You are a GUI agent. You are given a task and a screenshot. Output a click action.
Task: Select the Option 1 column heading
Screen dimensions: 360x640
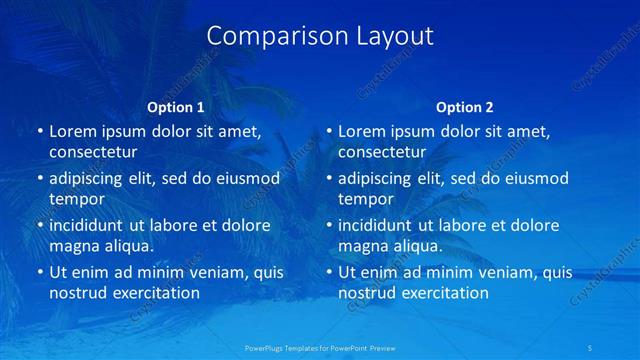pyautogui.click(x=175, y=107)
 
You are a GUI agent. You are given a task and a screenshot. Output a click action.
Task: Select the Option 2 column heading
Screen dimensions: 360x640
pyautogui.click(x=465, y=107)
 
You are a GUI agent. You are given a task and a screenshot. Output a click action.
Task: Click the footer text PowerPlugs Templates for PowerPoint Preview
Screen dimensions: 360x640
pyautogui.click(x=320, y=346)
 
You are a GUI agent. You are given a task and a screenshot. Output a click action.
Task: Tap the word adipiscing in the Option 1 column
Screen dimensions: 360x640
pyautogui.click(x=88, y=178)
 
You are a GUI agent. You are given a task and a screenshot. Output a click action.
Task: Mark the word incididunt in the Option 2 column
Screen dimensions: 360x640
pyautogui.click(x=374, y=225)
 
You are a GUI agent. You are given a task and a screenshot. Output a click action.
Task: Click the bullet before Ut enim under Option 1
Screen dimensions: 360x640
pyautogui.click(x=39, y=272)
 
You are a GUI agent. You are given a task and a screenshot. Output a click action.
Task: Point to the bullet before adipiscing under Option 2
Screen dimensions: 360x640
pyautogui.click(x=328, y=178)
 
